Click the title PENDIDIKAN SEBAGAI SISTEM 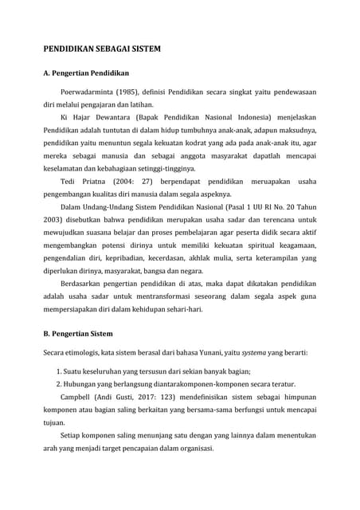point(101,49)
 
